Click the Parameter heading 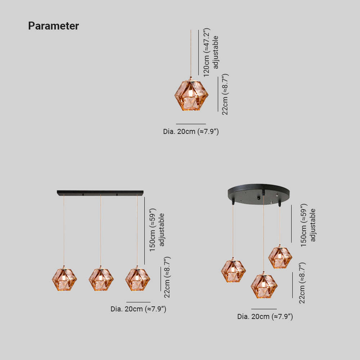(x=54, y=26)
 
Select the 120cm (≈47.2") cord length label (x=207, y=52)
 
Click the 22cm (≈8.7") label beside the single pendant (x=225, y=94)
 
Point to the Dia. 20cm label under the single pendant (x=191, y=131)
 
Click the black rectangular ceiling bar (x=100, y=193)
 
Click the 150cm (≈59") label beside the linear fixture (x=152, y=230)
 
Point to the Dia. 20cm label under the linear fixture (x=138, y=309)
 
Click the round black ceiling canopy (x=258, y=194)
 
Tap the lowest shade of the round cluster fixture (x=264, y=286)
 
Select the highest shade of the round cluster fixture (x=280, y=257)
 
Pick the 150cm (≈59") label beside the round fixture (x=304, y=225)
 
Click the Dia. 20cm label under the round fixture (x=265, y=316)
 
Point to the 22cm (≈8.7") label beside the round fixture (x=302, y=283)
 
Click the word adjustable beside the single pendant (x=215, y=52)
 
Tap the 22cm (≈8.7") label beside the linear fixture (x=167, y=277)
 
